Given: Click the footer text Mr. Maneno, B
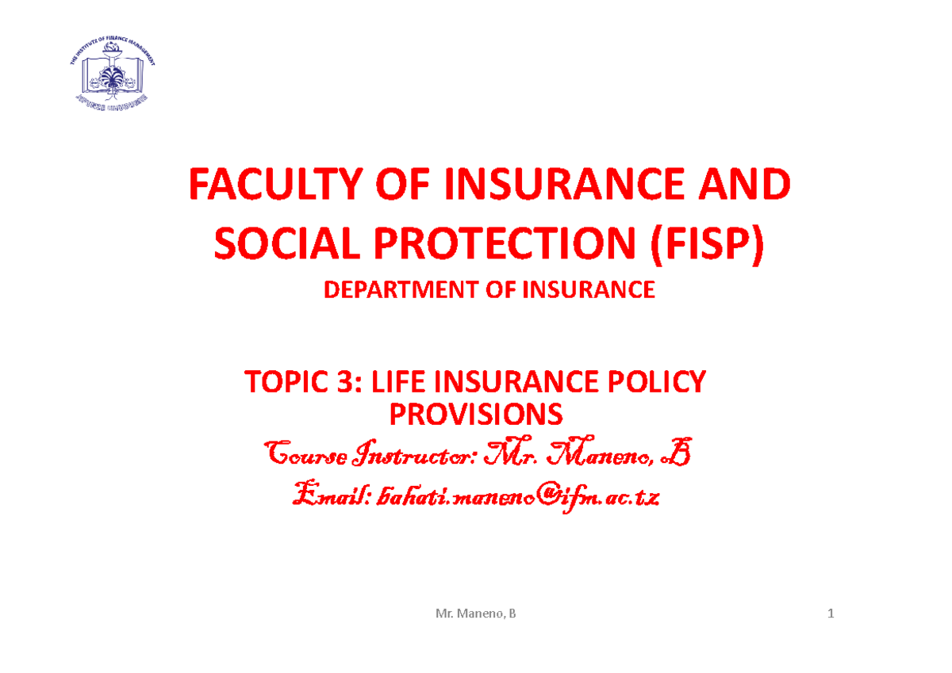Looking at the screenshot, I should [476, 614].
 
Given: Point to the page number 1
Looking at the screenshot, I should [831, 614].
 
